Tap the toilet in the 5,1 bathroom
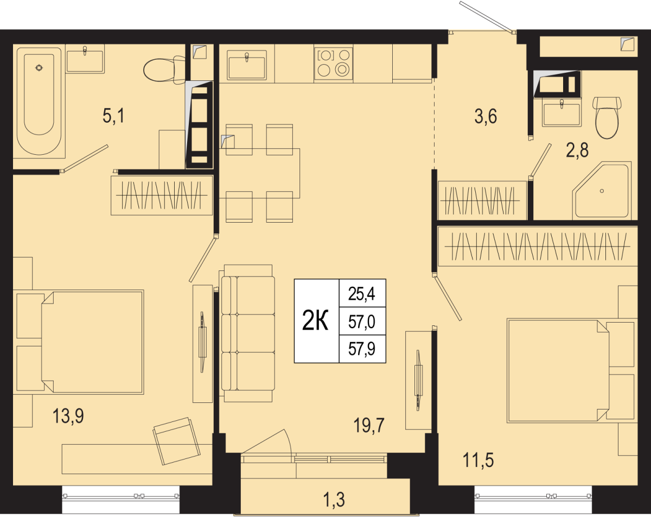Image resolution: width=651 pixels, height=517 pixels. coord(164,68)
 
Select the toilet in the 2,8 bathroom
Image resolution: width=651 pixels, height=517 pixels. coord(607,117)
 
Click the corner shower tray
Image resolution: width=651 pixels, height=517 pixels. coord(602,191)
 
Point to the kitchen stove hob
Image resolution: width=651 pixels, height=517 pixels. coord(333,65)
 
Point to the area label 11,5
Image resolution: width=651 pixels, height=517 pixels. coord(478,460)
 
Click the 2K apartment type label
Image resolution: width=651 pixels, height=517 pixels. coord(316,321)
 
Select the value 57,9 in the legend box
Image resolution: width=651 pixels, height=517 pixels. coord(362,349)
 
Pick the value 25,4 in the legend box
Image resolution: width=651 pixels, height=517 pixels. coord(362,293)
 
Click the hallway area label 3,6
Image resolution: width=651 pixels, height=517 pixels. coord(486,116)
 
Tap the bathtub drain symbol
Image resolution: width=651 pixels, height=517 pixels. coord(39,68)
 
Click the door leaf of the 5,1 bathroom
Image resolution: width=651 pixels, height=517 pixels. coord(85,159)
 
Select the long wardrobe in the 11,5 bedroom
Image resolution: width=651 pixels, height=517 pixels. coord(538,246)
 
